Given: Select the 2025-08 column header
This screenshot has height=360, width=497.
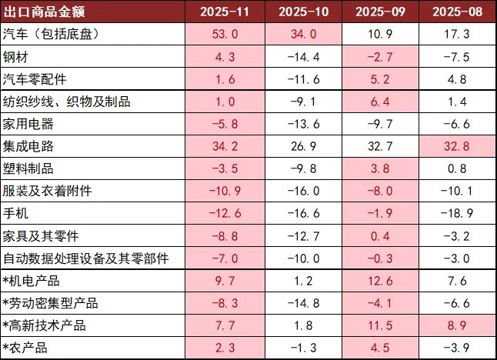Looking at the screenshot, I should coord(456,12).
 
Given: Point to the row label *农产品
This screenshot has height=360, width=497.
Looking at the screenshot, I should coord(25,347).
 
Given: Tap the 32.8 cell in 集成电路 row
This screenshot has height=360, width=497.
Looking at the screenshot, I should coord(456,145).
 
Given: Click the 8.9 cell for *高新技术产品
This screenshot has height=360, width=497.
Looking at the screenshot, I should coord(456,325).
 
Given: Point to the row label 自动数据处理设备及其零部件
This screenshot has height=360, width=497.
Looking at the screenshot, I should coord(85,258).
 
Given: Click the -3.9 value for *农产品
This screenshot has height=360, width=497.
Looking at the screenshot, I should coord(456,347).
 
